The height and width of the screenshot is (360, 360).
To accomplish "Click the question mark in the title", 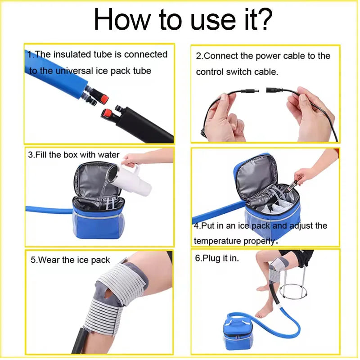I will click(x=264, y=20).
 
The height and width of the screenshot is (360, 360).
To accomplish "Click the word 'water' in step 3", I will click(x=108, y=155).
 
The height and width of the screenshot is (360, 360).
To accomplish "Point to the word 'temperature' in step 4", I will click(x=216, y=241).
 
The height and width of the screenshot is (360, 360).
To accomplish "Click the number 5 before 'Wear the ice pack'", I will click(x=33, y=260).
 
